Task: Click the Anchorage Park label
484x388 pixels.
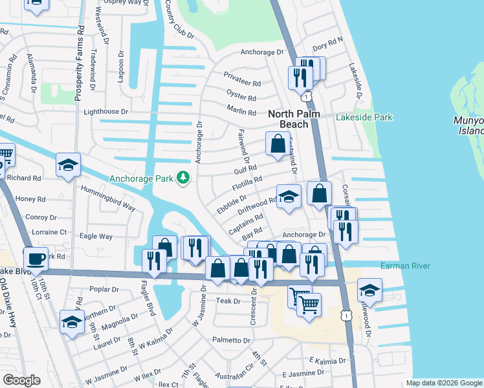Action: pyautogui.click(x=142, y=178)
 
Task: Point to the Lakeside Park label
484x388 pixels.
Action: pyautogui.click(x=364, y=118)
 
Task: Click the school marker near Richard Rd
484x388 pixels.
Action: pyautogui.click(x=69, y=166)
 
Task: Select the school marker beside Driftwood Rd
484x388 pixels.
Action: pyautogui.click(x=289, y=197)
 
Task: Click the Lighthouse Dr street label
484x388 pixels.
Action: pyautogui.click(x=106, y=113)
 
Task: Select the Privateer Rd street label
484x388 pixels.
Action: pyautogui.click(x=242, y=83)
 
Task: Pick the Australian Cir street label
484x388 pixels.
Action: pyautogui.click(x=238, y=374)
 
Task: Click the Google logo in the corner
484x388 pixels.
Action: pyautogui.click(x=22, y=380)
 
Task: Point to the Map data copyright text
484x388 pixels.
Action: pyautogui.click(x=443, y=383)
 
